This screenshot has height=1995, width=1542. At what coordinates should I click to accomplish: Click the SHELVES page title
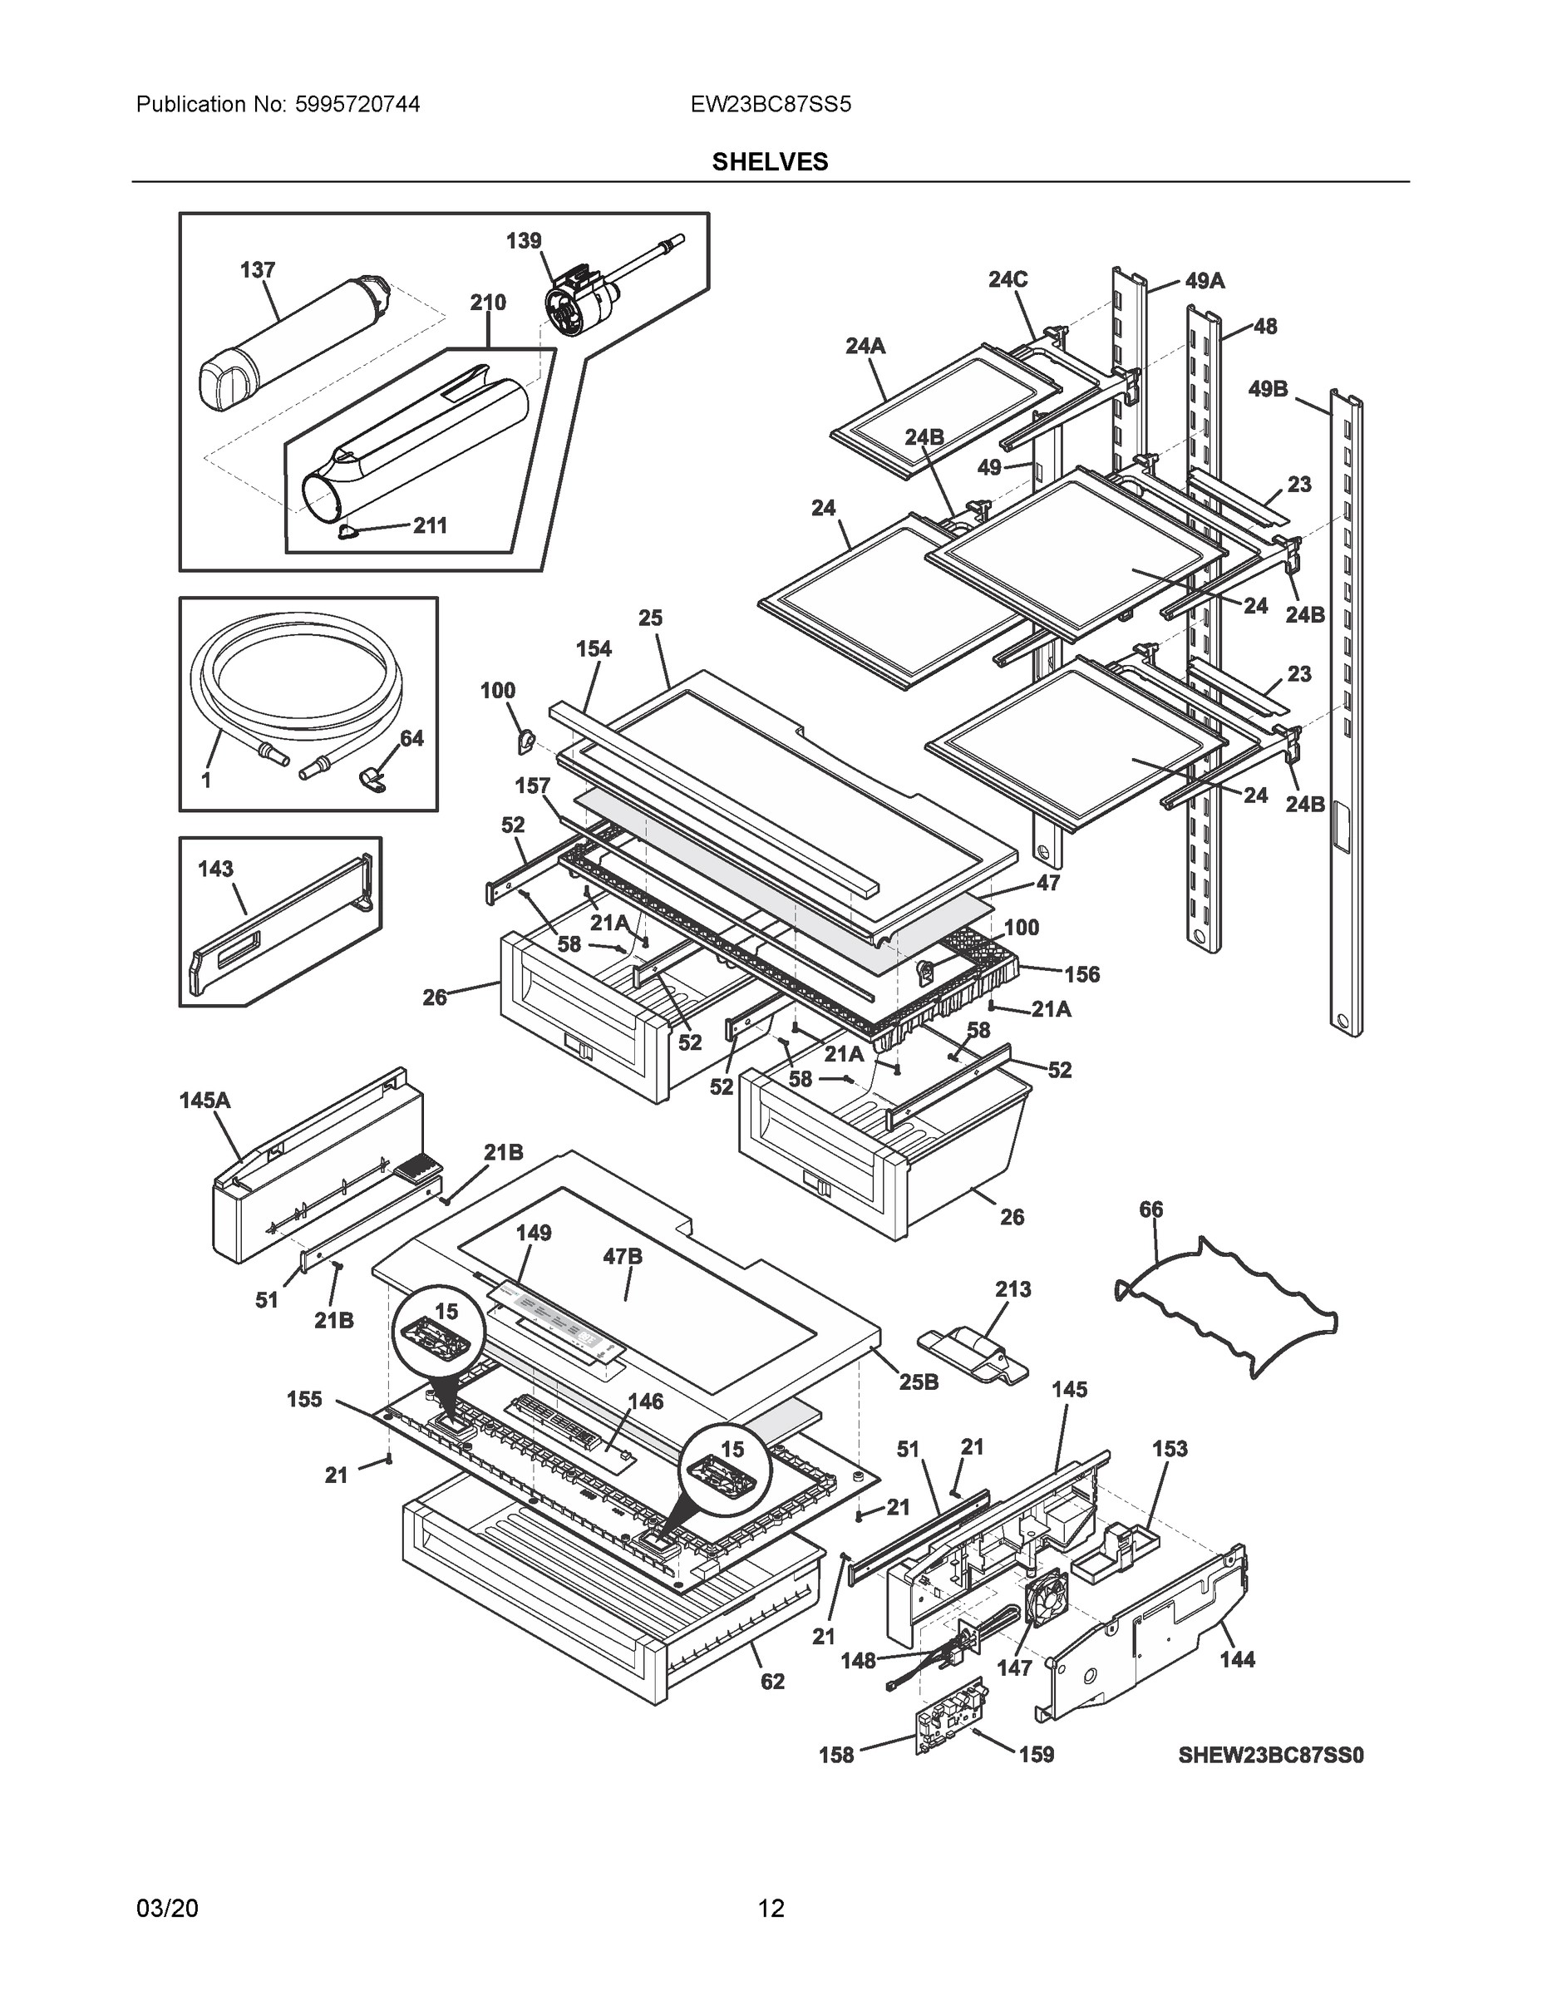[770, 162]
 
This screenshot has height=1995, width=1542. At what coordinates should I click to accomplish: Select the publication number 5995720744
[357, 105]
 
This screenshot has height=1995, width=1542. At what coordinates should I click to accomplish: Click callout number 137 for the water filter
[258, 270]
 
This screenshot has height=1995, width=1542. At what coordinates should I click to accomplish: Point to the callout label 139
[524, 241]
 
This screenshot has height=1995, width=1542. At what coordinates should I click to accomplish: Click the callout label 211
[429, 525]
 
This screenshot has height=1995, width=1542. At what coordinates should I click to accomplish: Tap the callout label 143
[215, 869]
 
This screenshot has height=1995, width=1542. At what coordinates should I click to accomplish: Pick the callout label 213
[1013, 1289]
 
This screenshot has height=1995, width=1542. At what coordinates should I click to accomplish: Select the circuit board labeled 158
[951, 1726]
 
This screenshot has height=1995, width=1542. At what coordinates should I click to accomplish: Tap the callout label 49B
[1268, 390]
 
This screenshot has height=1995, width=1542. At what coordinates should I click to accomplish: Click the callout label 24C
[1007, 279]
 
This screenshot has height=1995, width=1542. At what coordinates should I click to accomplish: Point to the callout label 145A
[204, 1101]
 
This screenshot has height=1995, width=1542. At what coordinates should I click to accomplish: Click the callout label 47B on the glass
[622, 1257]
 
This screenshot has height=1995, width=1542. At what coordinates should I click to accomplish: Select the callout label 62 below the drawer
[772, 1682]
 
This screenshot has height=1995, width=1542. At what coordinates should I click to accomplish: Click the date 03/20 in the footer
[167, 1909]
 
